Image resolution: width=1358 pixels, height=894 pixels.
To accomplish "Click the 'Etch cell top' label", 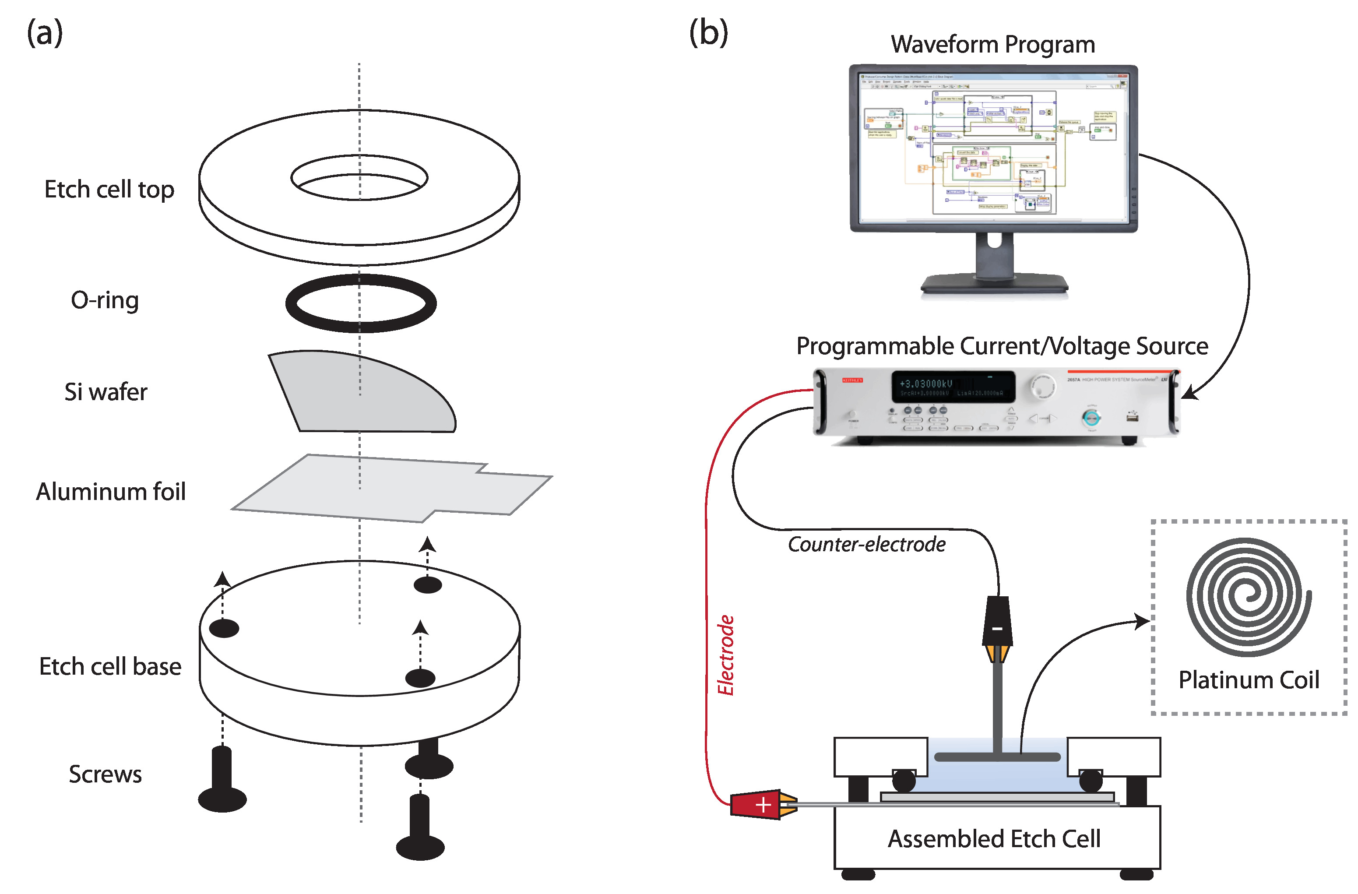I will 109,190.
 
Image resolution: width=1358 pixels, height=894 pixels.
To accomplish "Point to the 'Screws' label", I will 105,774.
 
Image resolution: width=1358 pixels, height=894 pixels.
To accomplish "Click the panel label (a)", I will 45,33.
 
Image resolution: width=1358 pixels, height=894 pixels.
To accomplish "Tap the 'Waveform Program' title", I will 993,45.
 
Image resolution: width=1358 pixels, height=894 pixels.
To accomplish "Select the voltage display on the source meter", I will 953,387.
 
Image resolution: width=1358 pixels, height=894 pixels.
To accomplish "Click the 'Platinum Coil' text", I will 1249,680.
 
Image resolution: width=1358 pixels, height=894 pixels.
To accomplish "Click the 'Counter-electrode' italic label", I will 866,544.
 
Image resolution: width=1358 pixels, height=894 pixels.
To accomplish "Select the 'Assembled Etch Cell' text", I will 994,839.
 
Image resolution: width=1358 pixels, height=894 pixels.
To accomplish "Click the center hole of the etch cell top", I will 359,178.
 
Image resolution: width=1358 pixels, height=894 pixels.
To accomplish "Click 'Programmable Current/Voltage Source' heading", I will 1002,346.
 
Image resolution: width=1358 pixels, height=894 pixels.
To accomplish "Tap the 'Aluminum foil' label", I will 111,492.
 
